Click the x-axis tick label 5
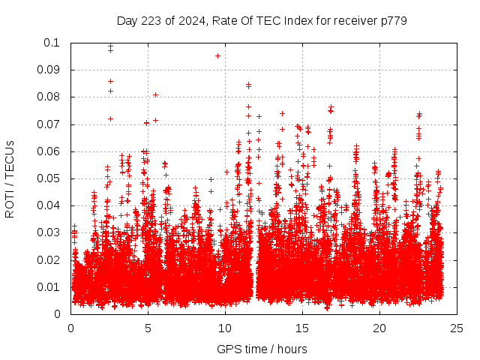click(x=148, y=328)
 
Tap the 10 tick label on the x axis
click(x=225, y=328)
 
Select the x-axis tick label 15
click(x=302, y=328)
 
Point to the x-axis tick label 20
click(x=379, y=328)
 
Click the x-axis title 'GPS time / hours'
click(x=262, y=349)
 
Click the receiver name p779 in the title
click(x=392, y=21)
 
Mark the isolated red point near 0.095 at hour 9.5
click(x=217, y=55)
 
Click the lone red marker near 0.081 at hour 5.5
click(x=155, y=94)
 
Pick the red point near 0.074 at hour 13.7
click(x=282, y=114)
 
